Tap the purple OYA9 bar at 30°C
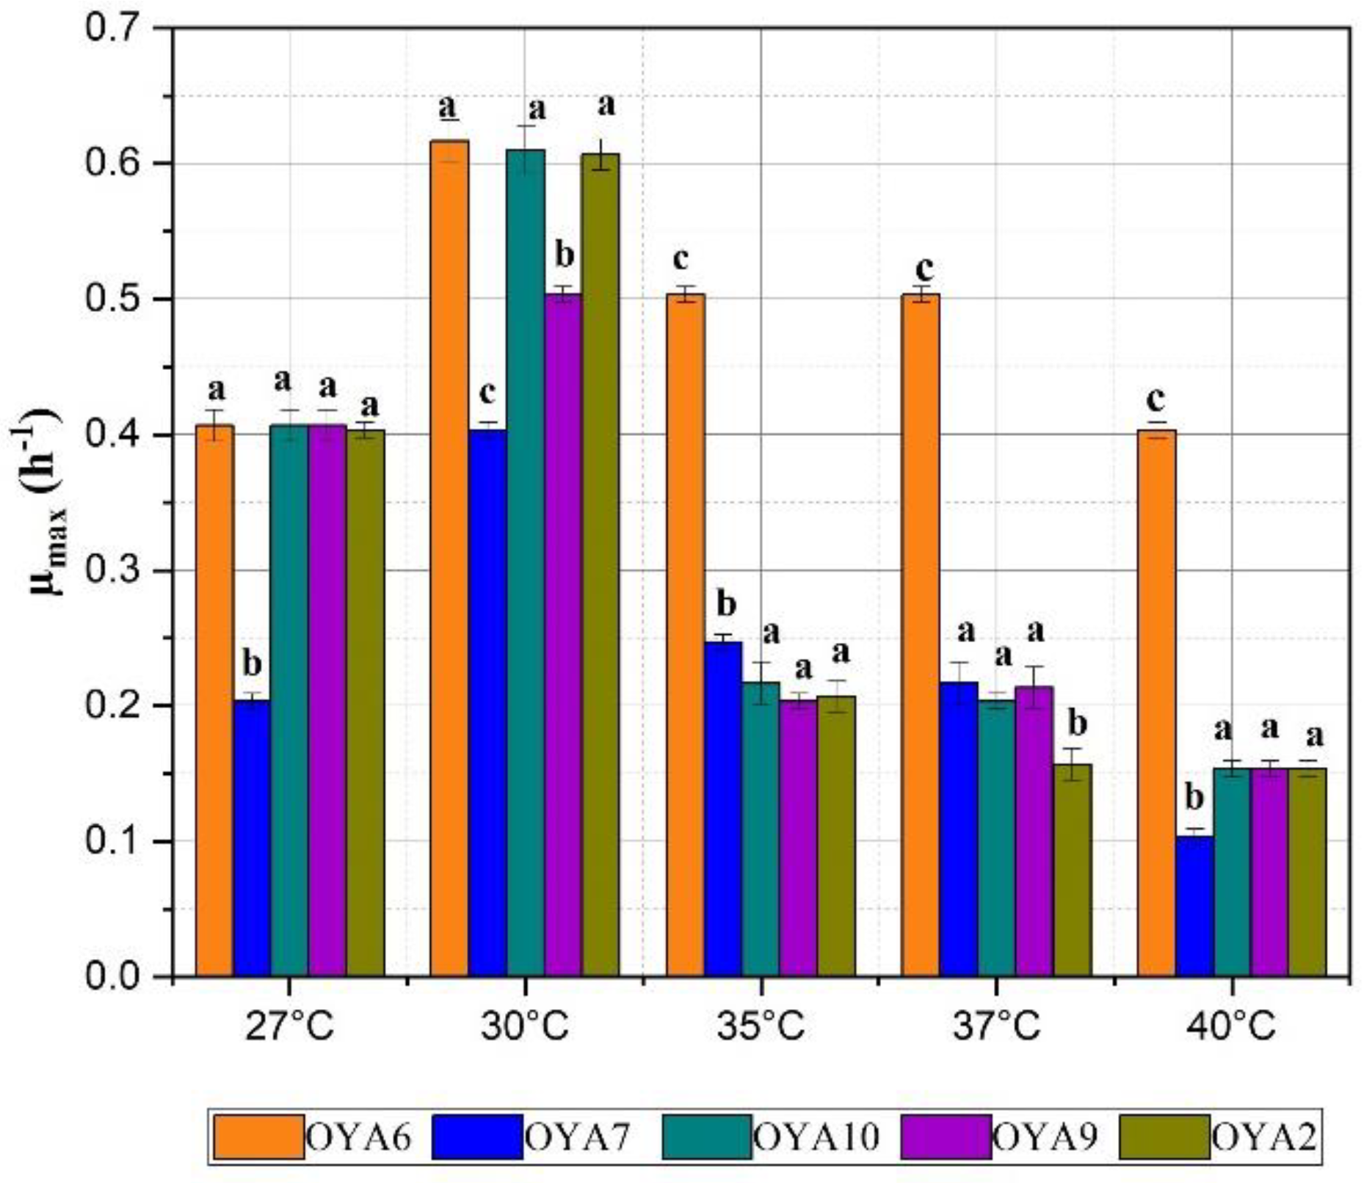(563, 635)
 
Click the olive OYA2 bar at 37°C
(1073, 870)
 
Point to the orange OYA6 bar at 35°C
(685, 635)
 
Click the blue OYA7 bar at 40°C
(1194, 906)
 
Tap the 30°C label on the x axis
(525, 1026)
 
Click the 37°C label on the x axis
(996, 1026)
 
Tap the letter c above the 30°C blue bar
(487, 393)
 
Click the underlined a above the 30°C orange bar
(448, 108)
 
